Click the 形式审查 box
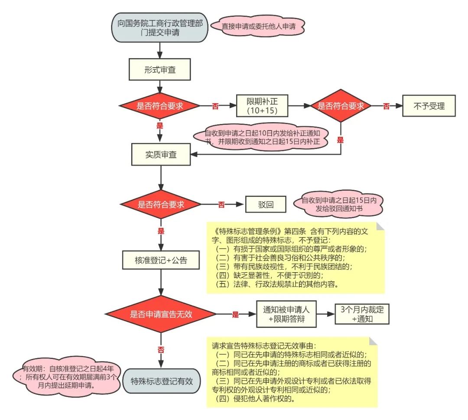click(160, 70)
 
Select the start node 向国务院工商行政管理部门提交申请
click(160, 27)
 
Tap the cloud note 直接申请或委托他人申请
click(259, 26)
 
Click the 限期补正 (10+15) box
click(262, 105)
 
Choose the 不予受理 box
click(429, 105)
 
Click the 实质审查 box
click(161, 154)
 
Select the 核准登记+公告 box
click(161, 260)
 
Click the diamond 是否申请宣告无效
click(161, 314)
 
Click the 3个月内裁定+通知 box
click(362, 314)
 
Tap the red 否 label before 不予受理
click(386, 107)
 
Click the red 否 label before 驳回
click(221, 205)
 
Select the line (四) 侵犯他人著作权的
click(255, 399)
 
